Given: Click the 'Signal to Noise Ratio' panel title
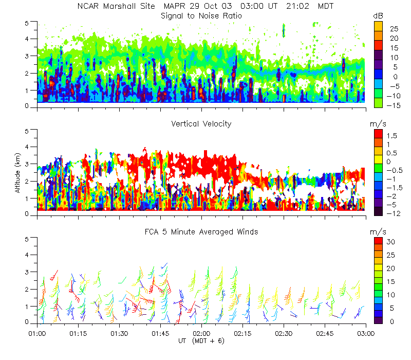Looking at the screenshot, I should point(201,16).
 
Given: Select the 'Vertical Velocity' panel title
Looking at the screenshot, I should point(201,124).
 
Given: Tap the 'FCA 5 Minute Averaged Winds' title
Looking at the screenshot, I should point(201,232).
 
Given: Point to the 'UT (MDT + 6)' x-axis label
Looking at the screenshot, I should point(201,340).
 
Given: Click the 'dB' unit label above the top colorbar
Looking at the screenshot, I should point(378,16).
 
